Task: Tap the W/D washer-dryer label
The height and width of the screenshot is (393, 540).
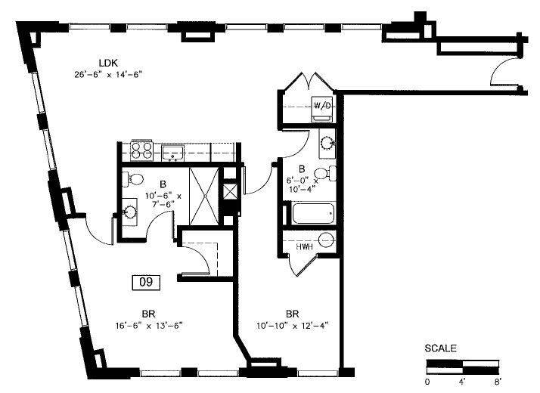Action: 322,107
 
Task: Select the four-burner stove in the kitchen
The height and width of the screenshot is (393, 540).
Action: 141,151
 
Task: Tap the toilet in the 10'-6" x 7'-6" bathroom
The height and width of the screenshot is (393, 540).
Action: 134,181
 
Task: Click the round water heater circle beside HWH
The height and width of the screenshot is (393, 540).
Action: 326,241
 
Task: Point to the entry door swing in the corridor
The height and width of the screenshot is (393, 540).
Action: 501,75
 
